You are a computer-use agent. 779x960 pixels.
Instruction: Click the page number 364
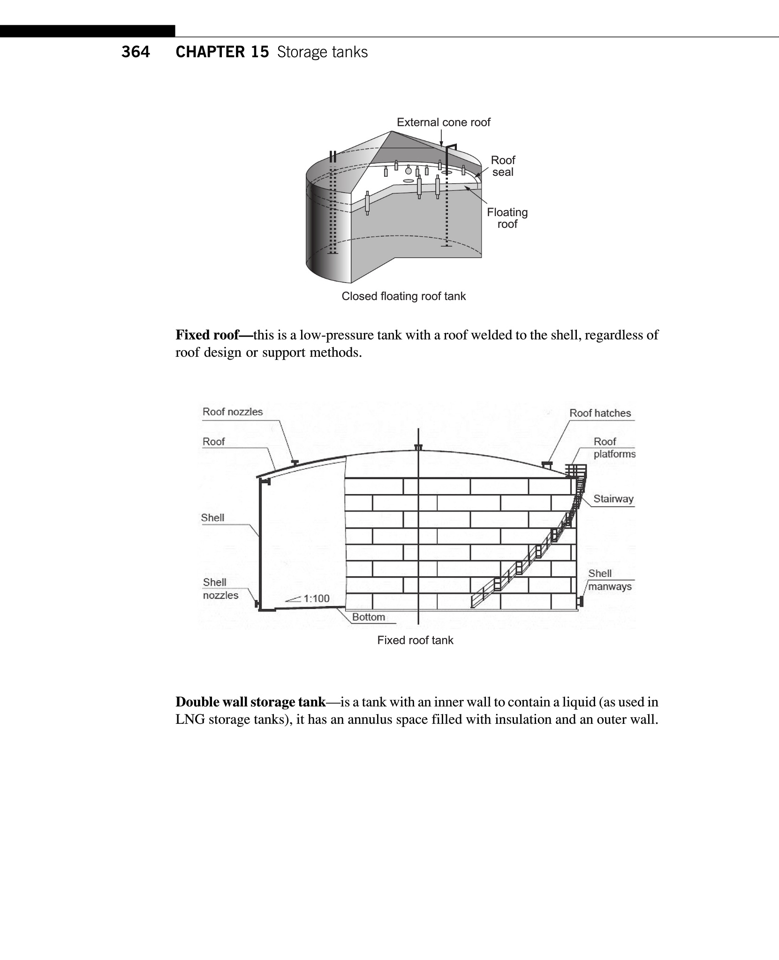[136, 52]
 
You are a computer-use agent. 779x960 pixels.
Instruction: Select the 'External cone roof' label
[443, 122]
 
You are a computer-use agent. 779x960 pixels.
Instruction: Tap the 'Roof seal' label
[503, 166]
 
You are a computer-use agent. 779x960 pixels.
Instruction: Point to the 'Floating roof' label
[507, 218]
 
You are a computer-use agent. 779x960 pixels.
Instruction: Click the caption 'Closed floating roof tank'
[403, 296]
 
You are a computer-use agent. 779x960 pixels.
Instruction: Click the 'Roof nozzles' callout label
[232, 412]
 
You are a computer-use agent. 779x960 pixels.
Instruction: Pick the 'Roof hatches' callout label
[600, 413]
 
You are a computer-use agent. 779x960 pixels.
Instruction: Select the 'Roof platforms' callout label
[613, 448]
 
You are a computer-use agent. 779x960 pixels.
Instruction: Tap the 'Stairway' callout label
[613, 499]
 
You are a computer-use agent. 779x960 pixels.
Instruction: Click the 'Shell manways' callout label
[609, 580]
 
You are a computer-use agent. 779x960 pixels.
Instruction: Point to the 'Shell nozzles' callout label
[220, 589]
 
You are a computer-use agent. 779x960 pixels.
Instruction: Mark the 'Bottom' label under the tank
[368, 617]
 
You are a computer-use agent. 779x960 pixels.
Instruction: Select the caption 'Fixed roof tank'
[415, 640]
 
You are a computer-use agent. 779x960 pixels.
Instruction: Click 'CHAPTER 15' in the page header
[222, 52]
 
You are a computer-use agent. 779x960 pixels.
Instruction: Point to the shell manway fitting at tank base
[581, 601]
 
